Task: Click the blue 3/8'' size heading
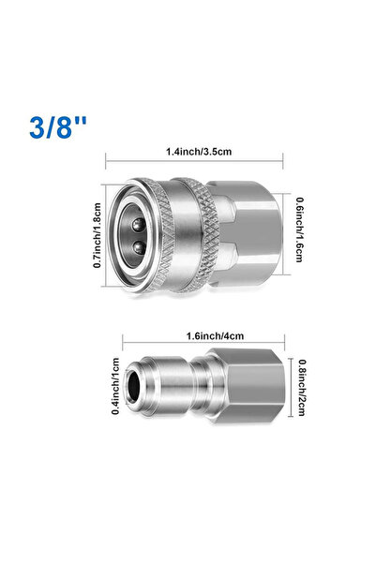coord(58,127)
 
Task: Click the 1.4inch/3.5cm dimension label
coord(199,152)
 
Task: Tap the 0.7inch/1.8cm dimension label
coord(98,235)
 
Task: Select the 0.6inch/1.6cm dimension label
coord(299,230)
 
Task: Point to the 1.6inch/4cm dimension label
coord(215,336)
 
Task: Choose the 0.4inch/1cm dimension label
coord(115,386)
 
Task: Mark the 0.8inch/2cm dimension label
coord(303,388)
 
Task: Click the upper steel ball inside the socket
coord(138,226)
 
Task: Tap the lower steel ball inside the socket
coord(139,247)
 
